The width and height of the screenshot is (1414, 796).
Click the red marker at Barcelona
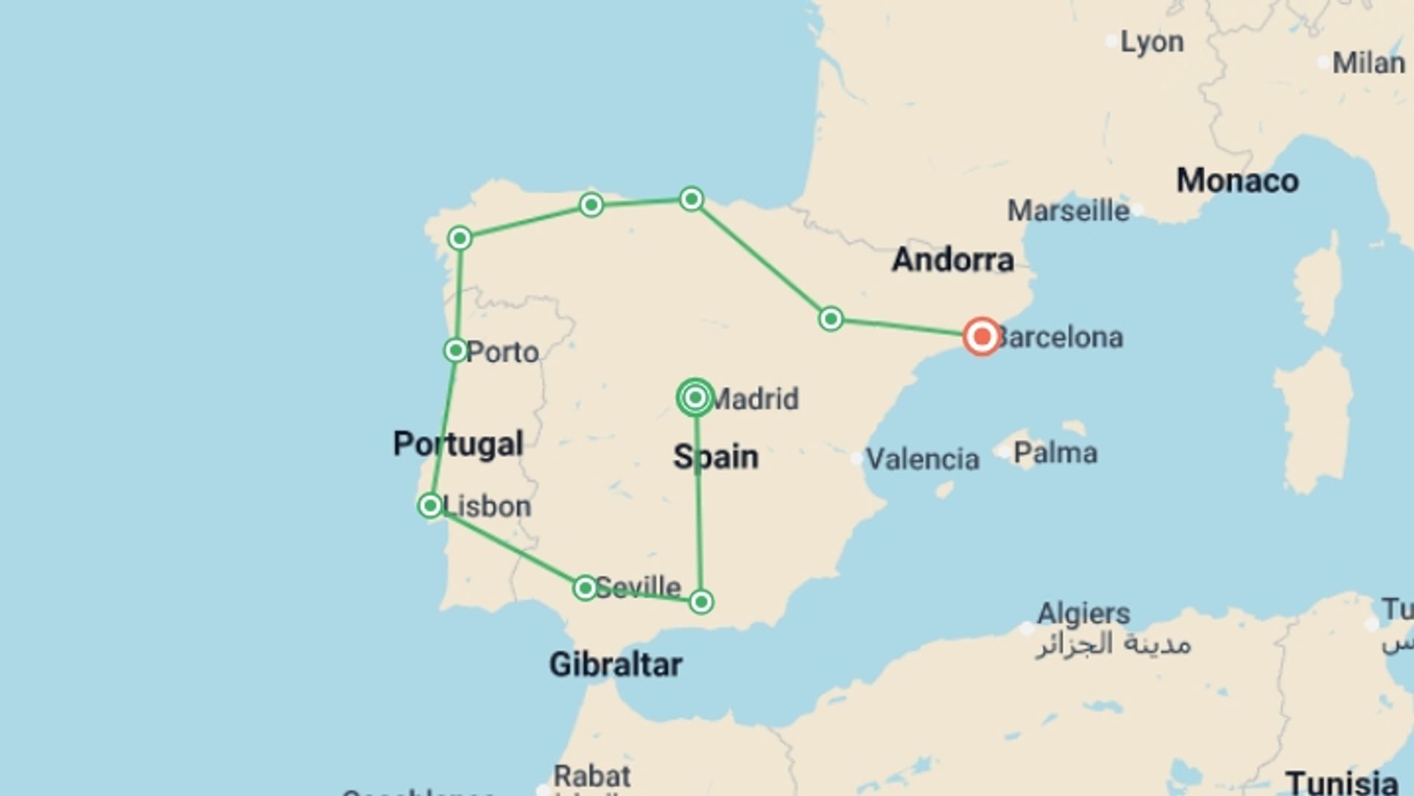click(x=982, y=337)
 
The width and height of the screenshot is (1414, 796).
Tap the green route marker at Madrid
click(x=695, y=398)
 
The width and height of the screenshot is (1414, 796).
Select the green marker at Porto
click(x=456, y=350)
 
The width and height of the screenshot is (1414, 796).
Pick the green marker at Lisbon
click(x=430, y=506)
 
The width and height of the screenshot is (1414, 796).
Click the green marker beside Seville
click(x=585, y=587)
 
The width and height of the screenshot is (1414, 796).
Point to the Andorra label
click(x=953, y=260)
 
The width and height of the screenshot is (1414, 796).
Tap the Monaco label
click(x=1237, y=181)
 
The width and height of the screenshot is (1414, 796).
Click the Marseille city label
click(x=1068, y=212)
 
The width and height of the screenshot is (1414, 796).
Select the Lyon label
click(x=1152, y=43)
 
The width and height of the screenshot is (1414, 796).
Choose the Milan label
click(x=1368, y=63)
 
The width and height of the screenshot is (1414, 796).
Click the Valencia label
click(x=923, y=460)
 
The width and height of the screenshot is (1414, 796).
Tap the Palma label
click(x=1055, y=453)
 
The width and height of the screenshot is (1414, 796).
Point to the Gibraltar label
click(x=616, y=665)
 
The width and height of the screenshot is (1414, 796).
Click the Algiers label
click(x=1083, y=613)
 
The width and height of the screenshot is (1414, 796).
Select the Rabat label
click(x=592, y=776)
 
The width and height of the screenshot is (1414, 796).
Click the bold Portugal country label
click(x=458, y=444)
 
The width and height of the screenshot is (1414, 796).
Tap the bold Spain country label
click(x=716, y=457)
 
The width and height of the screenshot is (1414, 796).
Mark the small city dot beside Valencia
click(x=857, y=459)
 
